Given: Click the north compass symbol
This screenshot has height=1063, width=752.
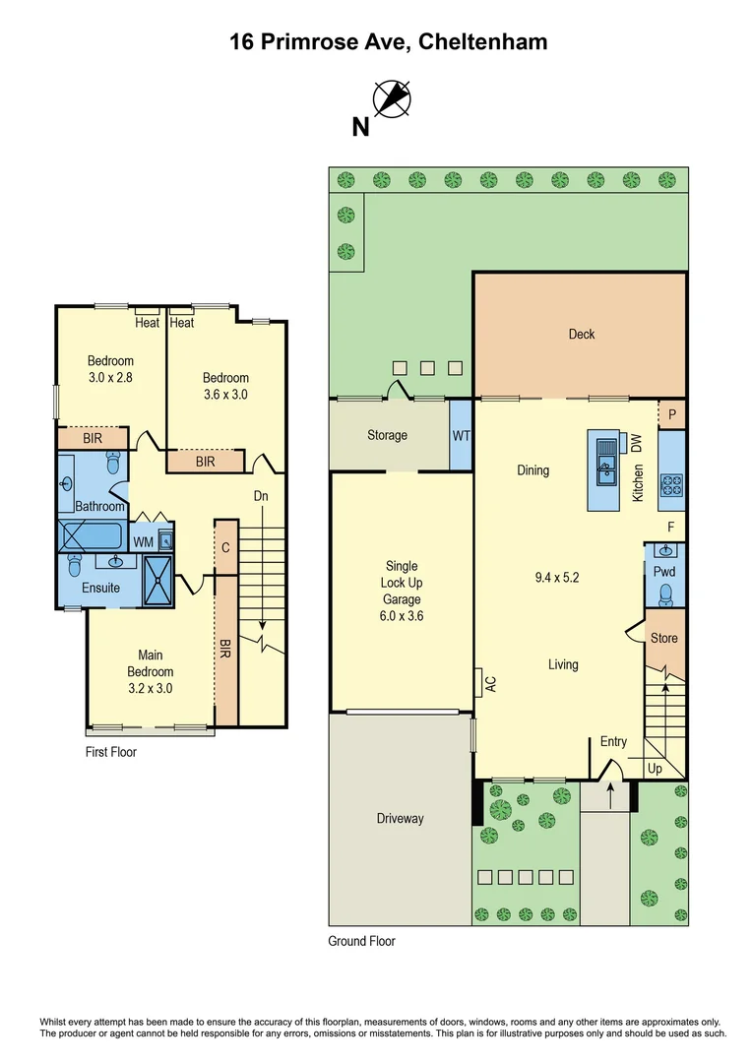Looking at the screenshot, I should (x=392, y=99).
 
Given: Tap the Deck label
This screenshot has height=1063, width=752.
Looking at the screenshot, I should (x=582, y=334).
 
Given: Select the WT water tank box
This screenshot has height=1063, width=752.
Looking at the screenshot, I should (x=461, y=435).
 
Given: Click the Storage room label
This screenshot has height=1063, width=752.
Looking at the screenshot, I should (x=387, y=435).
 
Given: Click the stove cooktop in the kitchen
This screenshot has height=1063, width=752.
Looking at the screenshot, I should (x=671, y=484).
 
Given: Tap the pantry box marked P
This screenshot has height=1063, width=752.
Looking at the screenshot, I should (x=672, y=414).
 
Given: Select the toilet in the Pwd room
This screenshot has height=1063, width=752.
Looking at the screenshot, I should (x=665, y=593).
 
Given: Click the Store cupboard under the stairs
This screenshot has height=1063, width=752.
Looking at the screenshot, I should (x=664, y=638).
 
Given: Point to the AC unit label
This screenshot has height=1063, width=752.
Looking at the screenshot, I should (x=478, y=682).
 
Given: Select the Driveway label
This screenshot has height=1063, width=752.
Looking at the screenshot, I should (x=400, y=818).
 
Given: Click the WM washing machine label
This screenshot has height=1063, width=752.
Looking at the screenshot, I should (x=144, y=541).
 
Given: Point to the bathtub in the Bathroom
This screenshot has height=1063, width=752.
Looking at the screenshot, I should (x=91, y=536).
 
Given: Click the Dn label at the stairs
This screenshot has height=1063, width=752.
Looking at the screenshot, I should (x=261, y=496).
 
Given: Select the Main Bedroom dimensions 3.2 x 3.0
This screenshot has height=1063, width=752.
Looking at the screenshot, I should (x=151, y=688).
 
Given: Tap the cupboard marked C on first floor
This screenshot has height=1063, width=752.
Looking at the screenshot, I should (x=225, y=546).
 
